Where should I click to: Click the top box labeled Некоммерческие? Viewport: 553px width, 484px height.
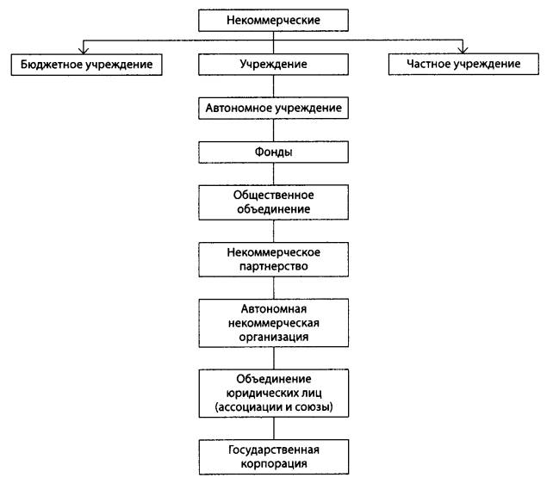(x=273, y=21)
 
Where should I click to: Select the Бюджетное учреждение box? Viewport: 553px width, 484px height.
(x=86, y=65)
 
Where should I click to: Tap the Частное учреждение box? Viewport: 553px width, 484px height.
(x=463, y=64)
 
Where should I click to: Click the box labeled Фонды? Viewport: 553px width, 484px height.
(x=273, y=152)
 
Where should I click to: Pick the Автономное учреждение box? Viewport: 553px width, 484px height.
(x=273, y=108)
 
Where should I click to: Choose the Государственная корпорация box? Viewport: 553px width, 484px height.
(x=274, y=456)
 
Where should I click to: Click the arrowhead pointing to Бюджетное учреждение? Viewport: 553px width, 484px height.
(x=84, y=50)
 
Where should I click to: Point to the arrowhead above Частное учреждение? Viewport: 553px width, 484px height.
(x=463, y=50)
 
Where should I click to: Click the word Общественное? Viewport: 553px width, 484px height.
(x=273, y=195)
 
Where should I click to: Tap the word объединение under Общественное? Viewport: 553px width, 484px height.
(x=273, y=209)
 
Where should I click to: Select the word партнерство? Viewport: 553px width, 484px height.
(x=273, y=266)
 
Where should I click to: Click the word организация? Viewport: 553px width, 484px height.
(x=274, y=337)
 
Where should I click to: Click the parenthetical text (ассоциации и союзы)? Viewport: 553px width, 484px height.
(x=274, y=407)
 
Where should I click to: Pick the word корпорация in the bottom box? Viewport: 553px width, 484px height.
(x=274, y=463)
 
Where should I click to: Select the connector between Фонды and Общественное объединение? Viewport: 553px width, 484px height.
(x=273, y=174)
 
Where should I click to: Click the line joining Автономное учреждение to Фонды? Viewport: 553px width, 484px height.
(x=273, y=130)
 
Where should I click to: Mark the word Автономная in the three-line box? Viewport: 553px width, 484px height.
(x=274, y=309)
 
